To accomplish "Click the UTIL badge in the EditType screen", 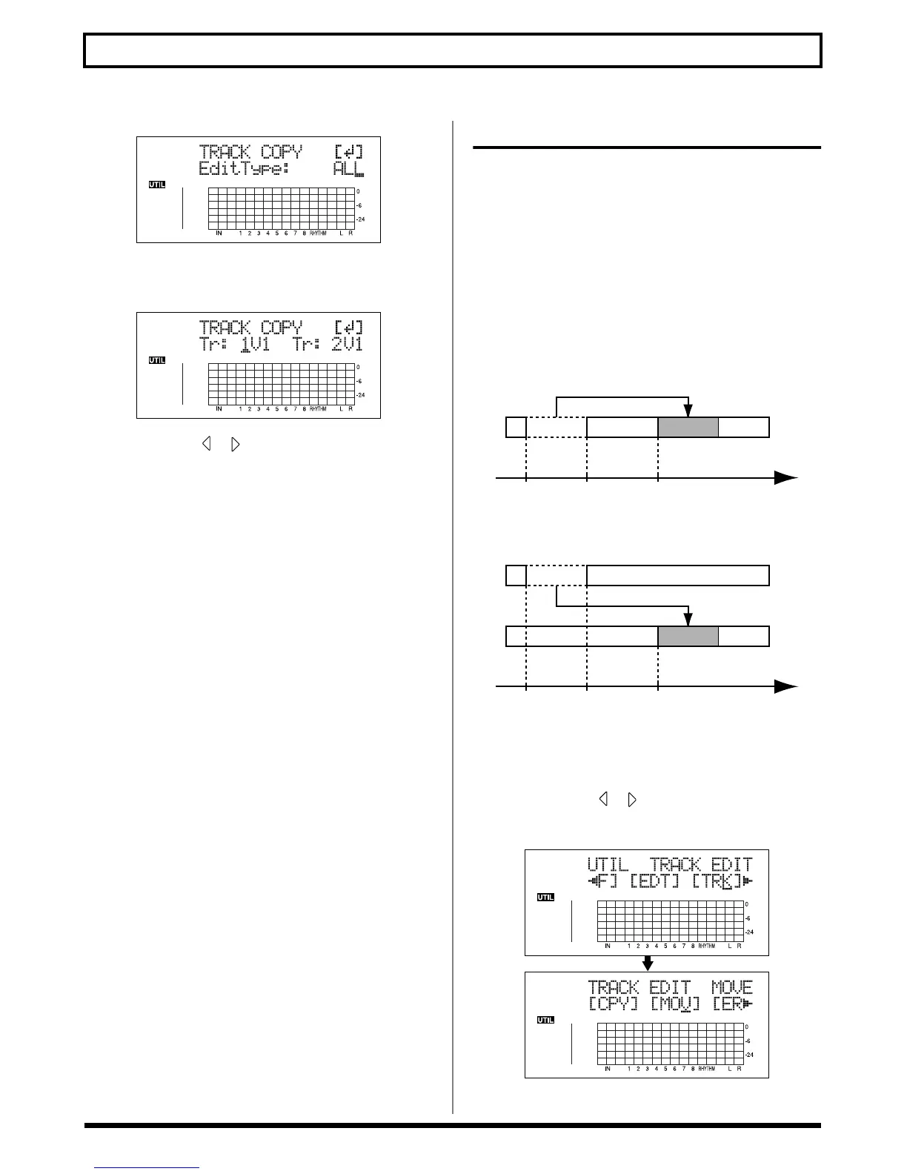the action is tap(157, 185).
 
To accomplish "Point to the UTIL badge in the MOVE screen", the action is tap(545, 1020).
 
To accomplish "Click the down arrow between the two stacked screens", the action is tap(647, 964).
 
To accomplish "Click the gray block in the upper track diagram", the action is tap(688, 428).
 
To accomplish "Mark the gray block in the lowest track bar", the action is tap(688, 636).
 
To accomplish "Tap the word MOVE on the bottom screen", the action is tap(731, 988).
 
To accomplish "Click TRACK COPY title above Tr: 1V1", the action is tap(250, 328).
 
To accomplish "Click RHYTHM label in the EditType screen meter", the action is tap(318, 233).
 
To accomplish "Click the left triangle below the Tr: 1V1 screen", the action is tap(207, 445).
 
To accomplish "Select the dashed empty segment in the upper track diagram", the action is tap(556, 428).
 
